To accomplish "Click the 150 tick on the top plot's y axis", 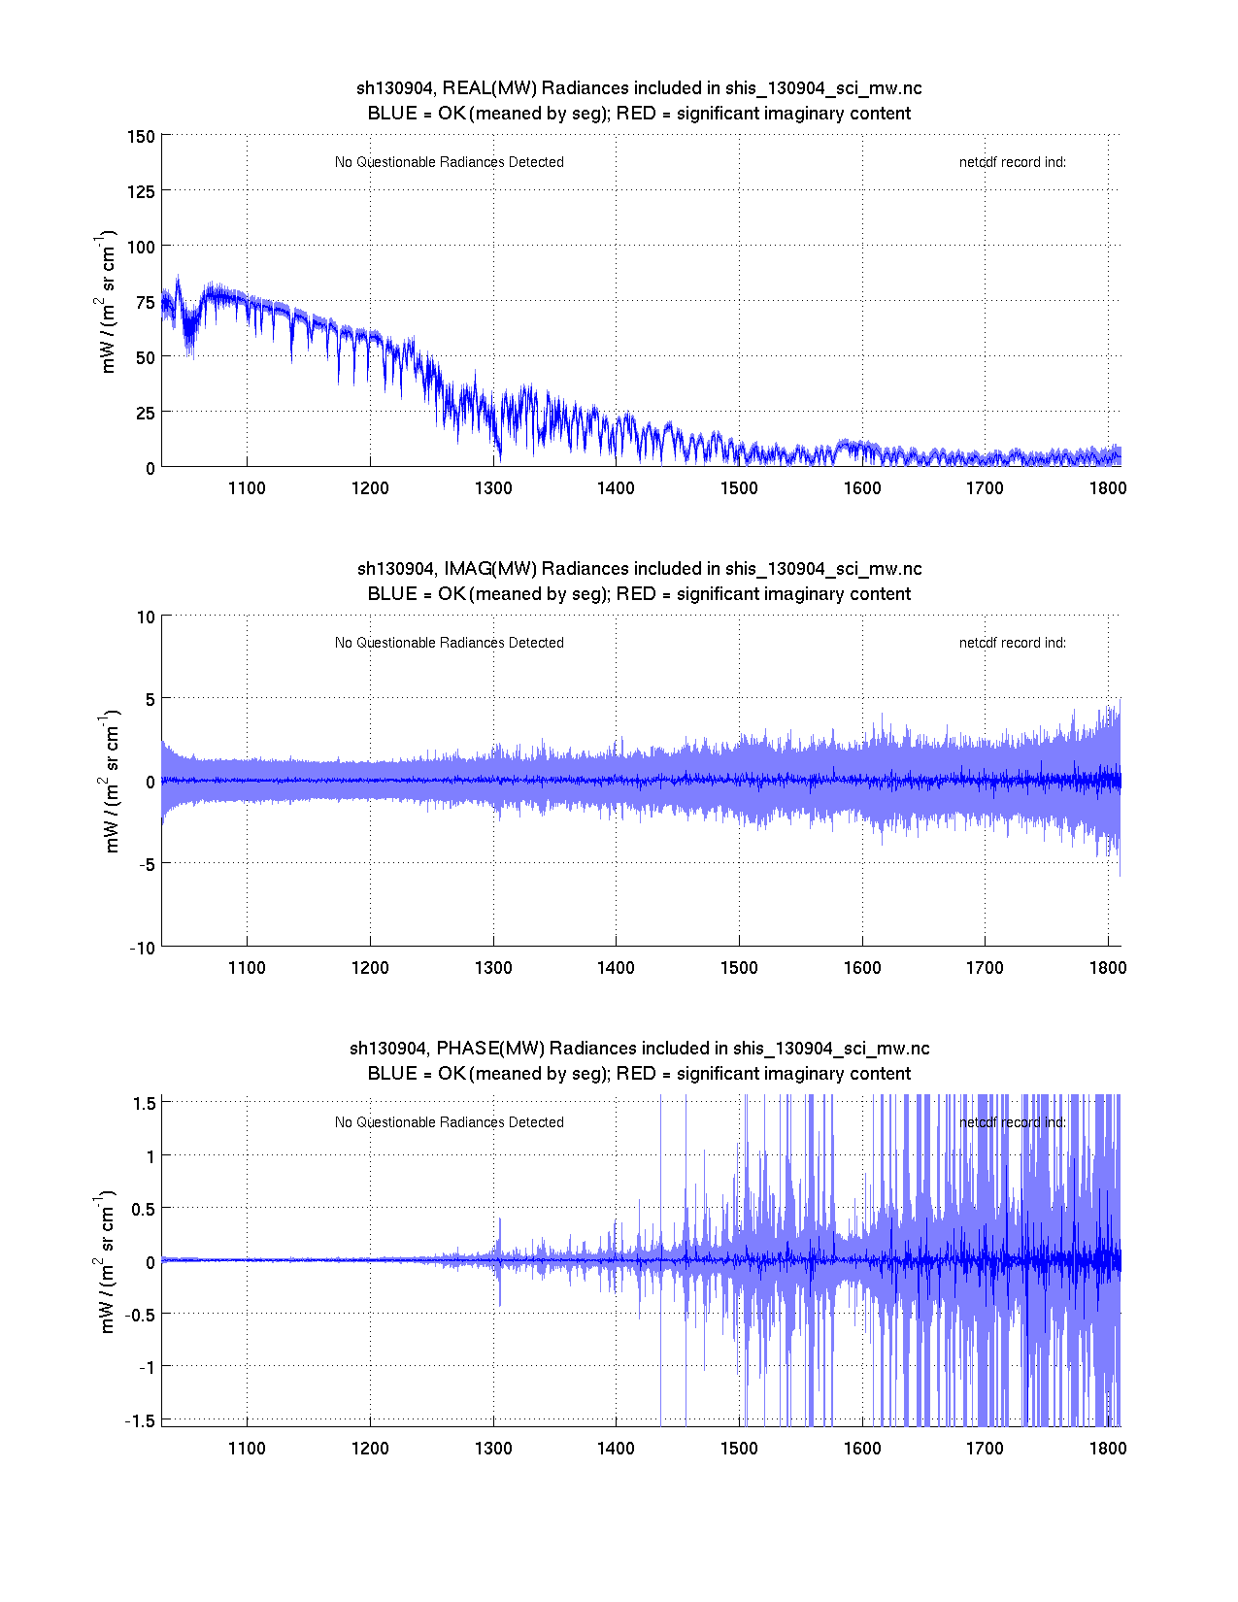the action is [141, 136].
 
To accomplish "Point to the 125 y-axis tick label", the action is [141, 191].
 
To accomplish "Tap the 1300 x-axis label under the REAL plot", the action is [493, 488].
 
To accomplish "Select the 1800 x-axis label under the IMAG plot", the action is [1108, 968].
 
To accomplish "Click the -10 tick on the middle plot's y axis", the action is [143, 948].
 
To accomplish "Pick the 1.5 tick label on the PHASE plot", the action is [144, 1103].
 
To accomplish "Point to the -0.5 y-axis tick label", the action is [140, 1313].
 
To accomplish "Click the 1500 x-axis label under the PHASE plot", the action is [739, 1448].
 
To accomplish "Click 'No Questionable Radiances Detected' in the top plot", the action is [449, 162].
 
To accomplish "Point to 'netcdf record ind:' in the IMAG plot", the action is [1013, 643].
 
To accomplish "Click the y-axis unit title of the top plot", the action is [106, 302].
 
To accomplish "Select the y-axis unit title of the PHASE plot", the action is [106, 1261].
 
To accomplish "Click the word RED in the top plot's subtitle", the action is [636, 114].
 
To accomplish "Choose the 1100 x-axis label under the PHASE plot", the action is [247, 1448].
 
